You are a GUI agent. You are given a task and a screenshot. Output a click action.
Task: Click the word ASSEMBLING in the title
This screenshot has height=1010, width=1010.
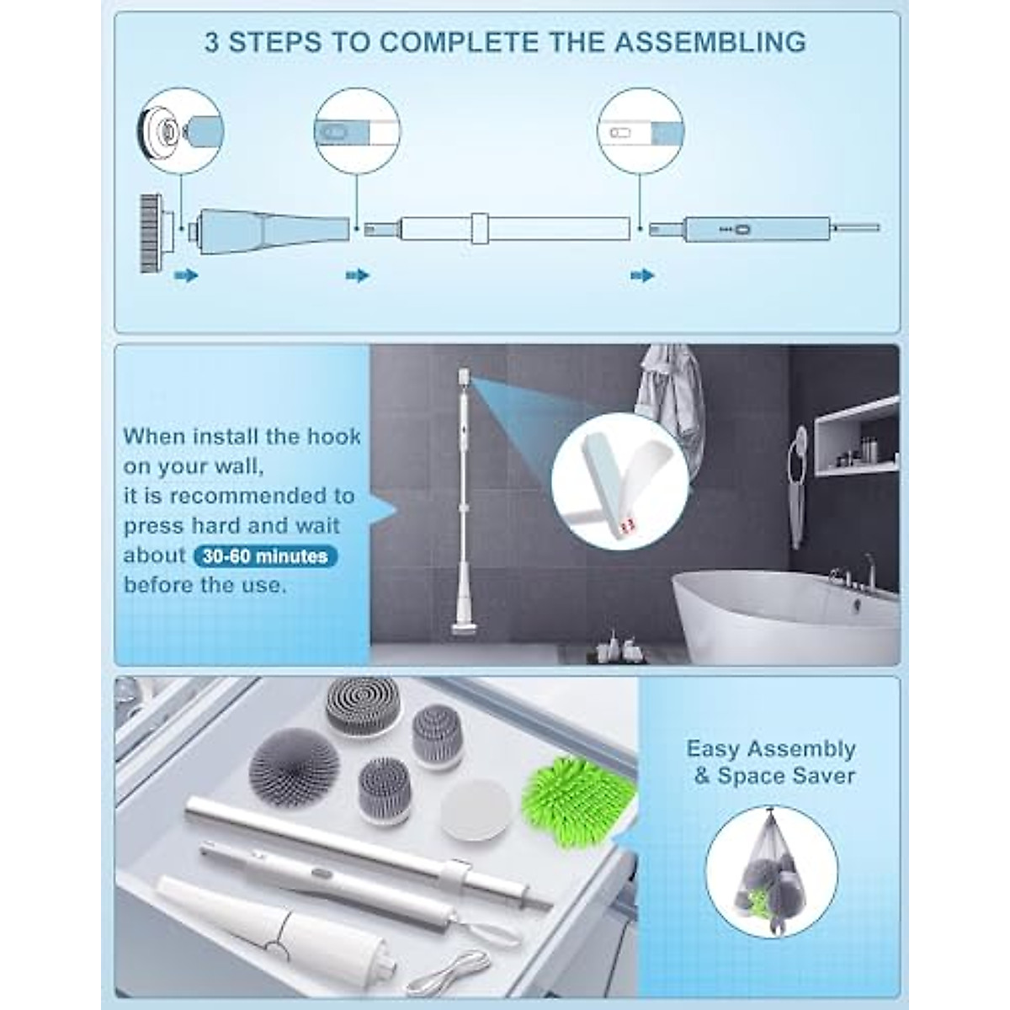(x=710, y=42)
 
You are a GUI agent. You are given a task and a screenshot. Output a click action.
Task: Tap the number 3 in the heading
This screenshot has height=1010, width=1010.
(x=211, y=42)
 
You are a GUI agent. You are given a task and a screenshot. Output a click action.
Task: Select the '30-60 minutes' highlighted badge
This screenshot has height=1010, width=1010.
(x=265, y=556)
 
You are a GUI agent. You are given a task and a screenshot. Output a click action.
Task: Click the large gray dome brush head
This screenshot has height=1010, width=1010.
(x=295, y=768)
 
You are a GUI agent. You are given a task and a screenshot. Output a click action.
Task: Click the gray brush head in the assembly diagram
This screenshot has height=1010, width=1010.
(x=151, y=232)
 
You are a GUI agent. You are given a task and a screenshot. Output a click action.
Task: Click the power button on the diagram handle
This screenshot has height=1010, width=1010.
(x=743, y=229)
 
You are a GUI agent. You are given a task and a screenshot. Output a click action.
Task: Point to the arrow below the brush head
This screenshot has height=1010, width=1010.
(x=186, y=275)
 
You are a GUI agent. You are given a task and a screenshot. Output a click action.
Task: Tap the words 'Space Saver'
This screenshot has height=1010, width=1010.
(x=786, y=776)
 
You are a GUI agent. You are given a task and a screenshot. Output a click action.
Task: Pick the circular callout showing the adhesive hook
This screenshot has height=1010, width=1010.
(x=620, y=481)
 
